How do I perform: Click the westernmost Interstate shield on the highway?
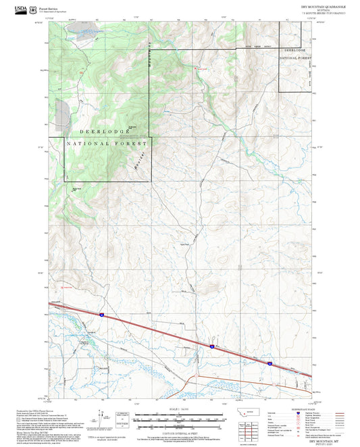pos(101,314)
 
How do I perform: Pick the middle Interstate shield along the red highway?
pos(211,346)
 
